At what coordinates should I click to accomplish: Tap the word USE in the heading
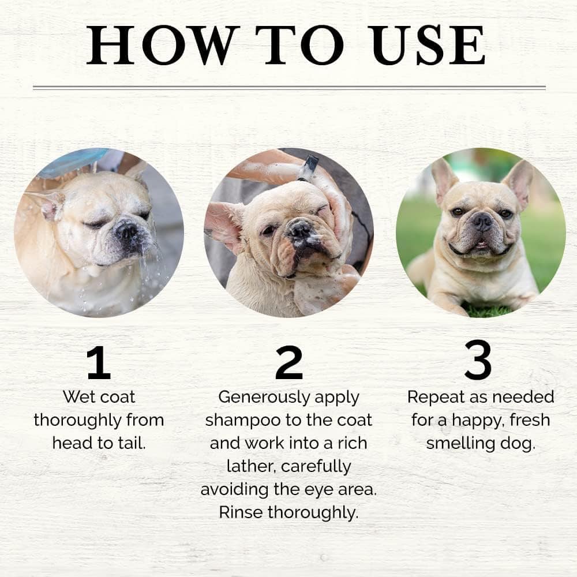[x=428, y=45]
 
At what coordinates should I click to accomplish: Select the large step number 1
[x=99, y=363]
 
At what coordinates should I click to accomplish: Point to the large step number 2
[x=289, y=362]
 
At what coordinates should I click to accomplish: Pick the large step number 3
[x=478, y=360]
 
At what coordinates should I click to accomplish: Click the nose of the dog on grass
[x=482, y=222]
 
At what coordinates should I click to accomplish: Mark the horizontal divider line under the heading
[x=289, y=88]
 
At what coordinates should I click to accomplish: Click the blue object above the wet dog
[x=70, y=163]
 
